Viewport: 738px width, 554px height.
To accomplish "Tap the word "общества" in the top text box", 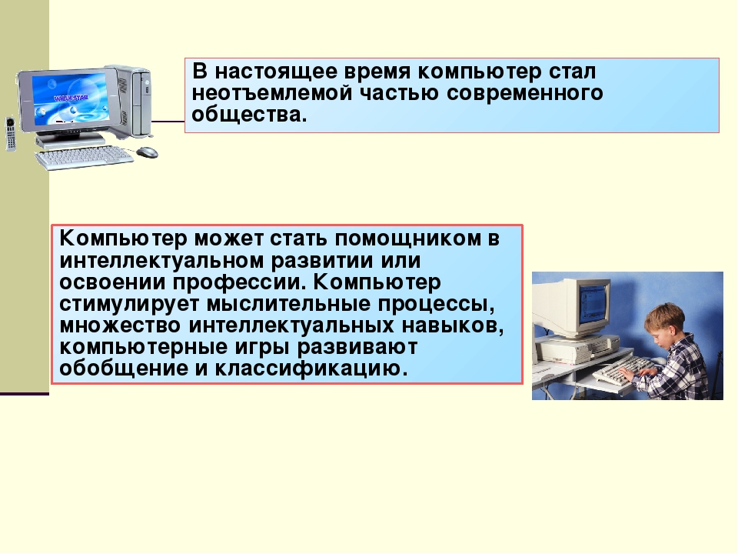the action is tap(246, 115).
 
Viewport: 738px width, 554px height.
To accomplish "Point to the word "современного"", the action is tap(525, 93).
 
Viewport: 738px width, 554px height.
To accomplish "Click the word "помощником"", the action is tap(407, 239).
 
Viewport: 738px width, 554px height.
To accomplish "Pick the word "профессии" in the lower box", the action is tap(238, 282).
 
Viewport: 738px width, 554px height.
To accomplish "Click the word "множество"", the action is tap(120, 325).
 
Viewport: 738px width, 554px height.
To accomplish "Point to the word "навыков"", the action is tap(449, 325).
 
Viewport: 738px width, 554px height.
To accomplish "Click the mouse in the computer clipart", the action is tap(148, 152).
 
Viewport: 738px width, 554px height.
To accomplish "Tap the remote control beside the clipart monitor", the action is tap(10, 134).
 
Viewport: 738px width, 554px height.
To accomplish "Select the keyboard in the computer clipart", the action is tap(84, 157).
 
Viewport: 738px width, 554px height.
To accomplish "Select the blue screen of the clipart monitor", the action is tap(71, 99).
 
